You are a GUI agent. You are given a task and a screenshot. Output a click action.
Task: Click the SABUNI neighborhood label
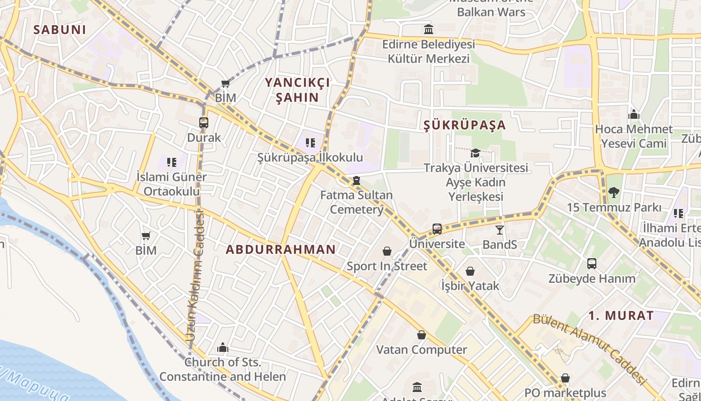(x=60, y=30)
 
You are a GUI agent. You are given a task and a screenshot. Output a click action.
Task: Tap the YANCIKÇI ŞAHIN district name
(x=297, y=90)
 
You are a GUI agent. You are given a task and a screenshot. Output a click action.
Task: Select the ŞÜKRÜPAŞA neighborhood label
(x=465, y=125)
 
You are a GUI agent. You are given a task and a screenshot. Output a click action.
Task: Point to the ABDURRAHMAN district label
(x=281, y=249)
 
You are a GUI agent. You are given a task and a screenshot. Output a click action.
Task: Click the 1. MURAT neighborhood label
(x=621, y=316)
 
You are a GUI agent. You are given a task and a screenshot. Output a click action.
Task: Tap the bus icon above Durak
(x=204, y=123)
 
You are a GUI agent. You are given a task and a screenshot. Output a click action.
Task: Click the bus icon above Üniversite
(x=437, y=229)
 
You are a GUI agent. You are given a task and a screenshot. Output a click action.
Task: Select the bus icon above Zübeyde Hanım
(x=591, y=264)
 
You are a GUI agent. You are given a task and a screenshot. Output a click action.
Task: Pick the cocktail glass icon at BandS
(x=500, y=230)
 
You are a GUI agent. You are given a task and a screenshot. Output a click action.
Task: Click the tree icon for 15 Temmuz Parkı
(x=614, y=192)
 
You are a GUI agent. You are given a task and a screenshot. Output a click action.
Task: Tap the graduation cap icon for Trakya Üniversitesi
(x=475, y=153)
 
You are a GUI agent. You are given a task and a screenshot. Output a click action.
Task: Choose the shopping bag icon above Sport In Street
(x=387, y=251)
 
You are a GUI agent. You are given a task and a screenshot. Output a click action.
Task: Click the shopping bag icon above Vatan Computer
(x=422, y=335)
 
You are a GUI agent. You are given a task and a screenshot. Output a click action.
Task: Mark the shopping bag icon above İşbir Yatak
(x=470, y=271)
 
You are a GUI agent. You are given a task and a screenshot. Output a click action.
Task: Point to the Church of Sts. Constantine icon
(x=223, y=347)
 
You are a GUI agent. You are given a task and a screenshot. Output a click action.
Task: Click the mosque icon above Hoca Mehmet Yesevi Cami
(x=634, y=114)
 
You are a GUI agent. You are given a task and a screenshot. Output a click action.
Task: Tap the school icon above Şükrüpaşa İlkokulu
(x=310, y=143)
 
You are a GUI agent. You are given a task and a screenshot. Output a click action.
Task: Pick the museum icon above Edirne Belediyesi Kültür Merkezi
(x=428, y=29)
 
